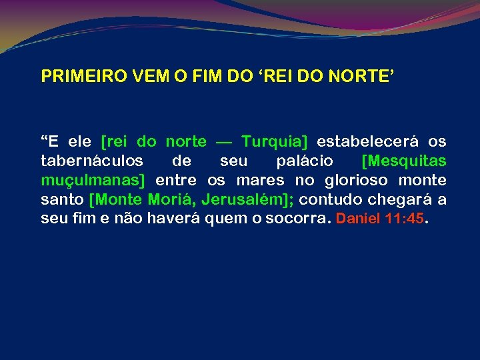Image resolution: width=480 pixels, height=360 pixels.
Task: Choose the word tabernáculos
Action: [92, 161]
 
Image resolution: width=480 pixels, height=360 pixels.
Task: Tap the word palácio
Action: [305, 161]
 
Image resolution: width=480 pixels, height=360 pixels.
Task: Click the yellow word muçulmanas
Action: [93, 181]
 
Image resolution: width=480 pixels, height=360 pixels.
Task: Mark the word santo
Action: [62, 199]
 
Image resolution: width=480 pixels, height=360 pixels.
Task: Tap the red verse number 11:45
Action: [405, 219]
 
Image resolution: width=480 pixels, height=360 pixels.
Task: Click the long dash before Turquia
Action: [224, 142]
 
